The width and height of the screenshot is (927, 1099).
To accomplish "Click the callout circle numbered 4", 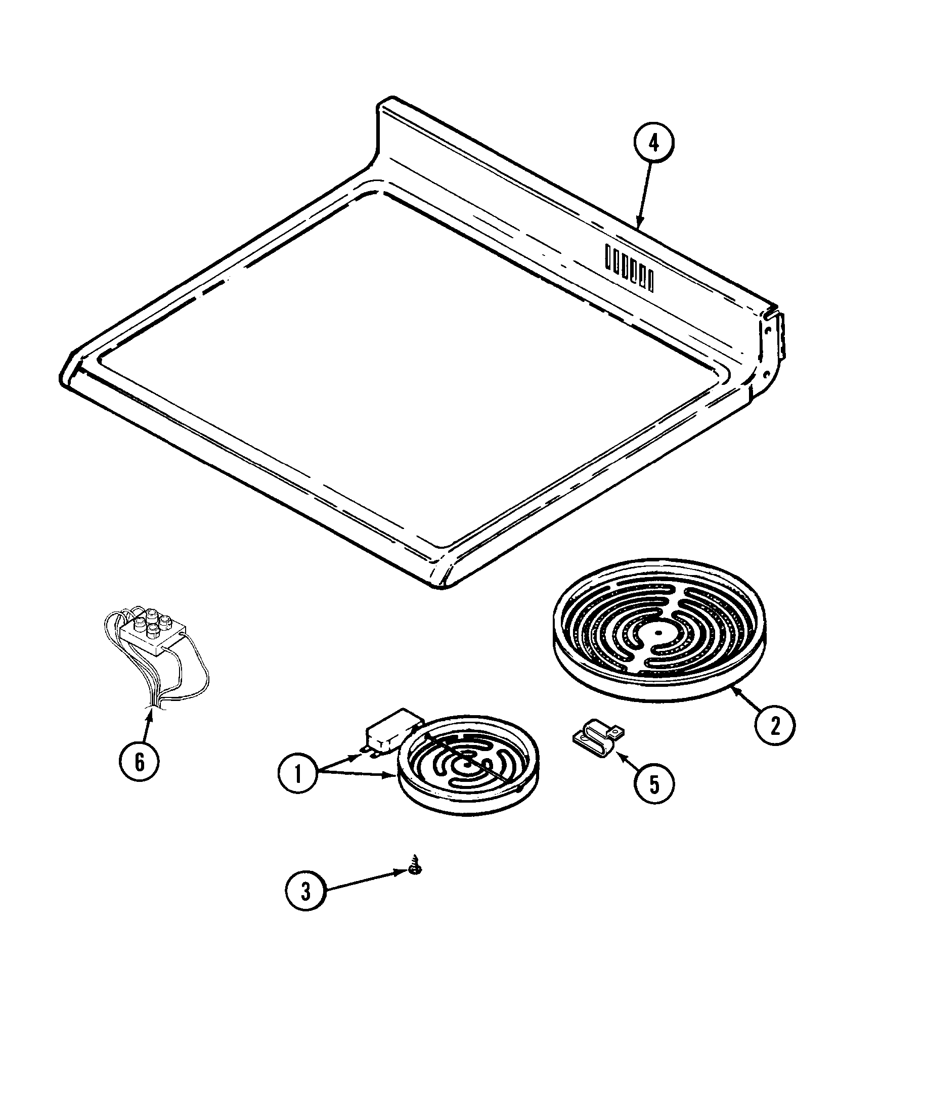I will [654, 144].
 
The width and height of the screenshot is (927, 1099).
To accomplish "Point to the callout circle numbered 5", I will [654, 799].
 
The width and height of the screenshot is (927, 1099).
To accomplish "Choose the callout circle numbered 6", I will [140, 762].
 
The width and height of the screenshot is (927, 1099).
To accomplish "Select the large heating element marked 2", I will [657, 631].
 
